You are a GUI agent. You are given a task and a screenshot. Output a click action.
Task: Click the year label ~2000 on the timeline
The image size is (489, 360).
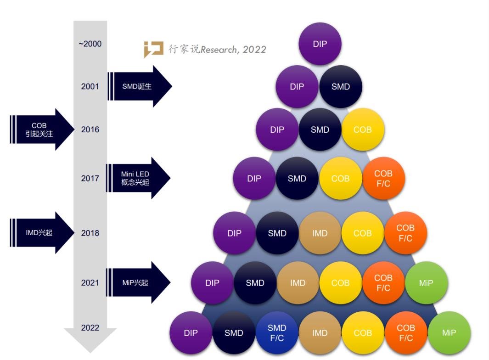pos(90,44)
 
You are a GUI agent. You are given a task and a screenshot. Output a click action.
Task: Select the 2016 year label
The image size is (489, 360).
pos(90,129)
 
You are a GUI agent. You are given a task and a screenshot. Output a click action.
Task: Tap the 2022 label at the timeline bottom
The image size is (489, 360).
pos(90,328)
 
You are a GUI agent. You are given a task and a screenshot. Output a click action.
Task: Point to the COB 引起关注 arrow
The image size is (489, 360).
pos(41,129)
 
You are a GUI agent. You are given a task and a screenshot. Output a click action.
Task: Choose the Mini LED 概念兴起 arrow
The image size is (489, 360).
pos(138,178)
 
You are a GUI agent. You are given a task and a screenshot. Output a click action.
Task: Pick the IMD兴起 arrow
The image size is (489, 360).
pos(41,233)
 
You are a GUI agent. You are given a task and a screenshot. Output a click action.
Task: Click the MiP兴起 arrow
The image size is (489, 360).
pos(138,282)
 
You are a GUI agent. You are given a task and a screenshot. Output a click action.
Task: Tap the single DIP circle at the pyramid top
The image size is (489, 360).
pos(320,44)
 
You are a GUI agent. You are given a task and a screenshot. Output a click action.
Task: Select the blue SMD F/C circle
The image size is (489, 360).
pos(277,333)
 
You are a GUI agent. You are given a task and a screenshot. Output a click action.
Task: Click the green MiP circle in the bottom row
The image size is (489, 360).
pos(449,333)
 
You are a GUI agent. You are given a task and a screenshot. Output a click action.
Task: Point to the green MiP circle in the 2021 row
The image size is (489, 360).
pos(426,283)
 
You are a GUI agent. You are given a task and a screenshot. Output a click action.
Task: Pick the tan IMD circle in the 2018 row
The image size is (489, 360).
pos(320,233)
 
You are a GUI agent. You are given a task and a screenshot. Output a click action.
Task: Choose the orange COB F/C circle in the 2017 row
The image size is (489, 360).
pos(383,179)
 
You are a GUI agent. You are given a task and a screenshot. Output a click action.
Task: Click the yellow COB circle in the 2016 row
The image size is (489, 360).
pos(363,129)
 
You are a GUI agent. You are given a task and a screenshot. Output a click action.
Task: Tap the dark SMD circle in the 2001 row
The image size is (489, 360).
pos(341,87)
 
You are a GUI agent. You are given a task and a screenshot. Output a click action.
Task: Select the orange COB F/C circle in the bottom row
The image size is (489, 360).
pos(406,333)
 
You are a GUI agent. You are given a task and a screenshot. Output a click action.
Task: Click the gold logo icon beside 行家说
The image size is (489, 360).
pos(153,49)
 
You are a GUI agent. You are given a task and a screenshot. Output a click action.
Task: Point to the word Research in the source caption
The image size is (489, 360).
pos(218,50)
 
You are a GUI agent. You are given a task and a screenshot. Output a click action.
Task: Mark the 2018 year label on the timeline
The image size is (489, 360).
pos(90,233)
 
